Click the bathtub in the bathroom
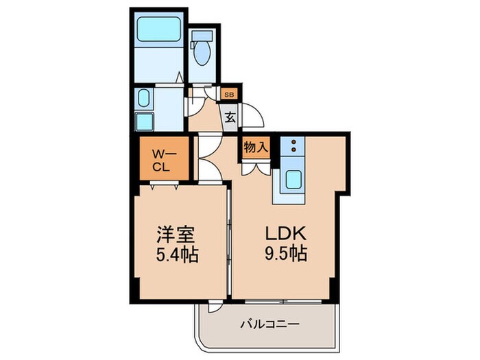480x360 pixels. click(158, 29)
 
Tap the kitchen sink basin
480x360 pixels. click(293, 180)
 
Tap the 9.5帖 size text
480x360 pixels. click(284, 254)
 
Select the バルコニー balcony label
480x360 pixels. click(269, 324)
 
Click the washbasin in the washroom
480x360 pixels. click(143, 97)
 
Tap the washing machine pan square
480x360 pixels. click(144, 121)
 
